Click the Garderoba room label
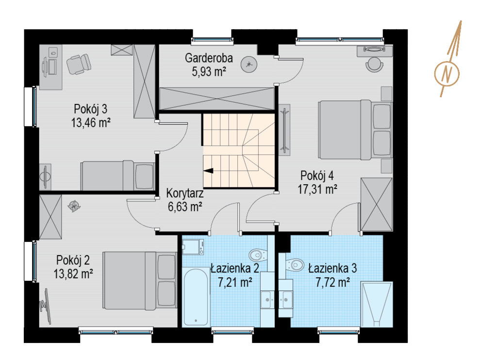(x=209, y=58)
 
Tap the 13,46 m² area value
(x=91, y=122)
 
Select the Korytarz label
(x=185, y=193)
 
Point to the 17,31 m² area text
(x=317, y=189)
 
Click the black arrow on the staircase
(x=208, y=171)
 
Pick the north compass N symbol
(x=447, y=74)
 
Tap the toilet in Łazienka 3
(x=295, y=265)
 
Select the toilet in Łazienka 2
(x=258, y=255)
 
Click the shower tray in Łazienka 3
(x=377, y=304)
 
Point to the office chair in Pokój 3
(x=79, y=64)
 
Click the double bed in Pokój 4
(x=355, y=129)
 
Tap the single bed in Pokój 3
(x=117, y=175)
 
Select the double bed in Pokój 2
(x=139, y=280)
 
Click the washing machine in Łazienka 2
(x=191, y=247)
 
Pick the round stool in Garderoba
(x=249, y=65)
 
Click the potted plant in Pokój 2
(x=74, y=206)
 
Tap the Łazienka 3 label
(x=332, y=268)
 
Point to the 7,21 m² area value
(x=235, y=281)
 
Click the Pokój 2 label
(x=73, y=260)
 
